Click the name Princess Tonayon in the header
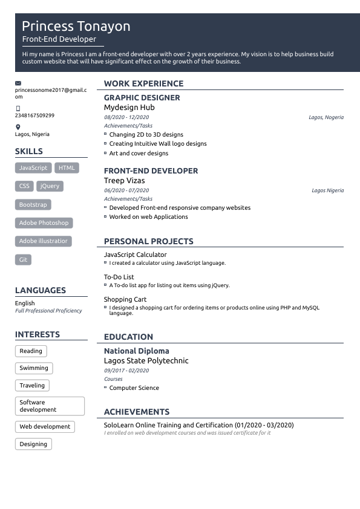76,27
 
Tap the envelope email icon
18,83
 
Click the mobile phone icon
18,109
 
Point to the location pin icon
18,128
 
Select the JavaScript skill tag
33,168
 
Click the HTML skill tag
67,168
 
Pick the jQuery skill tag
50,186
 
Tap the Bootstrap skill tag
33,205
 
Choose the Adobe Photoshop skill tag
44,223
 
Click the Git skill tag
23,260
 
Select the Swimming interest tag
33,368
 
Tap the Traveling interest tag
31,386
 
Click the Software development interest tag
50,406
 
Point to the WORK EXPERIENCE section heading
143,84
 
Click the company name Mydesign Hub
129,108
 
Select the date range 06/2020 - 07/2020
126,190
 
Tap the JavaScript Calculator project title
135,255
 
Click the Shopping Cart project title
125,300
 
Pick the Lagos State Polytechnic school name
146,361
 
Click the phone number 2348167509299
34,115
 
